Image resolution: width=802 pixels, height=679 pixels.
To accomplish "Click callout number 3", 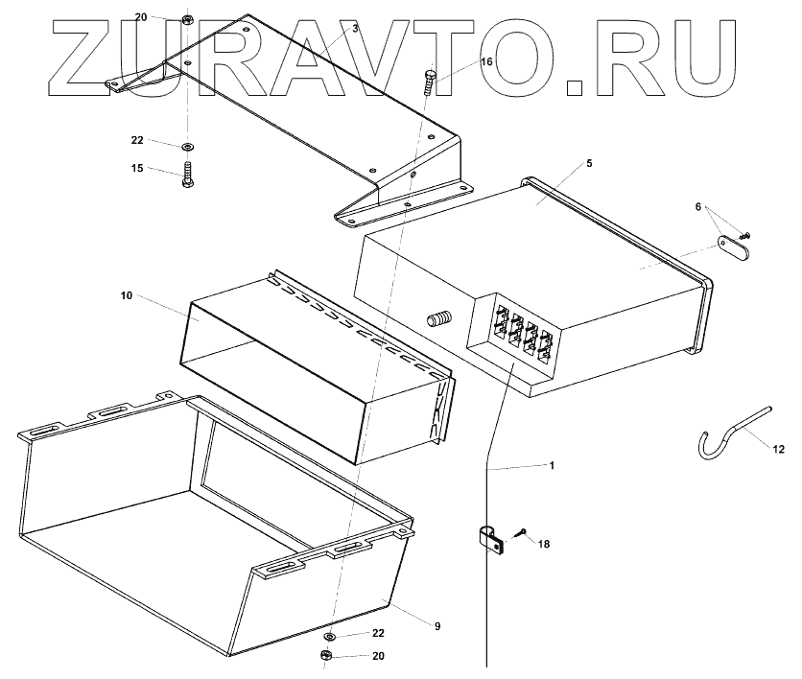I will point(355,30).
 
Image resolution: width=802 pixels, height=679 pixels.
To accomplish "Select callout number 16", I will point(486,61).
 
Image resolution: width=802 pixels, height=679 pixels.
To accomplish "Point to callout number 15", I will point(137,168).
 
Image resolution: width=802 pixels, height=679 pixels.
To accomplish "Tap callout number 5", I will point(589,163).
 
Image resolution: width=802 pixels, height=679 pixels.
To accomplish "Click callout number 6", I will point(698,207).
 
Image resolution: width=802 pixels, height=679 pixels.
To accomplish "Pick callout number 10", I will point(126,296).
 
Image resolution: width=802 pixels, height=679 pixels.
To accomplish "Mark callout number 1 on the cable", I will point(551,465).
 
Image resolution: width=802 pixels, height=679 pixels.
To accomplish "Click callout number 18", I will point(544,544).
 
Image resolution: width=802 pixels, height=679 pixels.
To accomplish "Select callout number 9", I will point(436,626).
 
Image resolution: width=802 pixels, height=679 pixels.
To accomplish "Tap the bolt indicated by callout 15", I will point(187,176).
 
